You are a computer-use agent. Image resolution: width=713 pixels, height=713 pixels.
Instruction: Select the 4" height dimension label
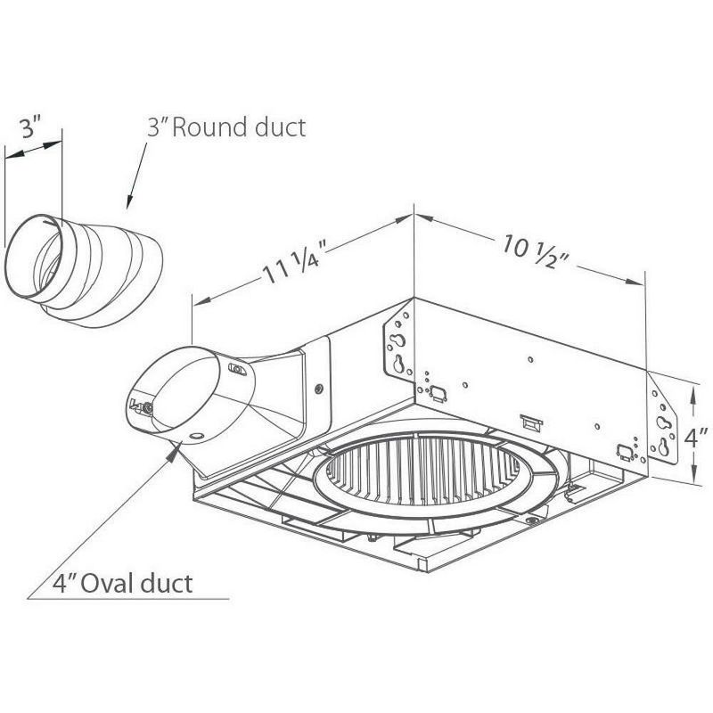tap(695, 440)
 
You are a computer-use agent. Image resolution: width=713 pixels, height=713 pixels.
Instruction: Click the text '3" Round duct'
tap(226, 127)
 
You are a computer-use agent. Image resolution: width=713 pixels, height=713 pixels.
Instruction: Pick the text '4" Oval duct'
tap(124, 584)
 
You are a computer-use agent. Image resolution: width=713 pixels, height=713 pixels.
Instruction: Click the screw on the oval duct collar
tap(148, 406)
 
